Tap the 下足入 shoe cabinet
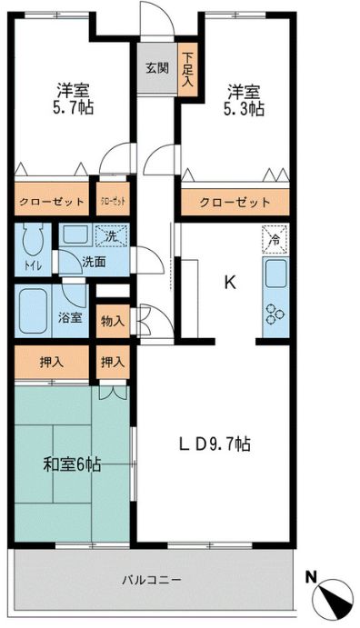[x=188, y=68]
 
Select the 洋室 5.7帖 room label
[x=73, y=99]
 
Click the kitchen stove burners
[x=275, y=314]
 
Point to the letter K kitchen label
[x=230, y=282]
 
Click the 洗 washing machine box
[x=110, y=235]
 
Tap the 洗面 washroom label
[x=92, y=262]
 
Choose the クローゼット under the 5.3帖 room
[x=235, y=202]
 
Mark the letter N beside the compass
[x=312, y=576]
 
